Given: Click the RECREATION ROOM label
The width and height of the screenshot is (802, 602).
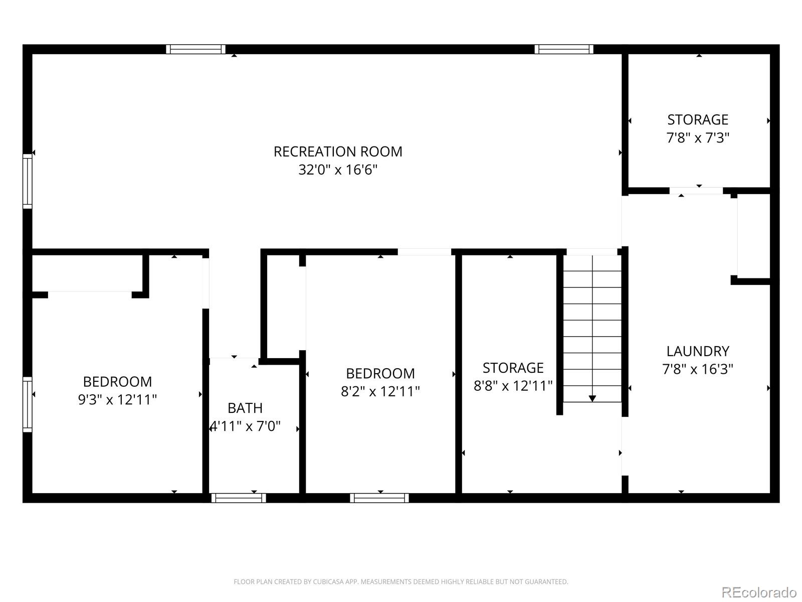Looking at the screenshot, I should pos(338,152).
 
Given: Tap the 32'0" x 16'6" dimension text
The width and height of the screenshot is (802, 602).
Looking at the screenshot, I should pos(338,170).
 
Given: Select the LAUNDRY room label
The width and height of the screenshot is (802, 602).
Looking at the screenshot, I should pos(697,351).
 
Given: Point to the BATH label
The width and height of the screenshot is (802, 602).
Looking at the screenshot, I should pos(245,408).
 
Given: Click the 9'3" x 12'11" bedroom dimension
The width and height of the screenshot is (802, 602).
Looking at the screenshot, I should pos(117,400).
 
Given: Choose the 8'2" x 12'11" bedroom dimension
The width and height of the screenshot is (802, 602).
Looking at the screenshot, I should pos(380,391).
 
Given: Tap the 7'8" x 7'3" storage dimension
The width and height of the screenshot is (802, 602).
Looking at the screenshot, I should pos(697,137).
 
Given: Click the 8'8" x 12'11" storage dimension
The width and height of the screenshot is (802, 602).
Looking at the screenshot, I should pos(513,386).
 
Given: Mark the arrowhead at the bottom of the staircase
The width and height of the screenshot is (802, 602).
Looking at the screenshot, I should pos(592,398).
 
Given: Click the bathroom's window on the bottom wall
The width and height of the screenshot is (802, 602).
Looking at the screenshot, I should pos(238,498).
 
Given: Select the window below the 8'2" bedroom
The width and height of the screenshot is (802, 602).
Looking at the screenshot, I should pos(379,498).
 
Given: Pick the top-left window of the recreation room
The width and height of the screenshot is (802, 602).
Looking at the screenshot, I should pos(195,49).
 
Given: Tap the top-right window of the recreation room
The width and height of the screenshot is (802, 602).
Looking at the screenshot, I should pos(563,49).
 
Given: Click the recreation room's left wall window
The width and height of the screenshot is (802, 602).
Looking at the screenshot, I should pos(28,181).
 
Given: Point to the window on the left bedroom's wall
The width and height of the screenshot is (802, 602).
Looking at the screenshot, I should pos(28,404).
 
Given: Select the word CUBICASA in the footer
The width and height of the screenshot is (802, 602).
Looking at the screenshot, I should pos(327,582).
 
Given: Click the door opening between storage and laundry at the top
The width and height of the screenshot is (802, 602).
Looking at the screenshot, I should pos(696,191).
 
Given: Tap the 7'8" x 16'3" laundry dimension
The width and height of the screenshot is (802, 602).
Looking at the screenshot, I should pos(697,369).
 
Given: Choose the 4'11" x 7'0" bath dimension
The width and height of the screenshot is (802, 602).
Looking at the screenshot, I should pos(245,426).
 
